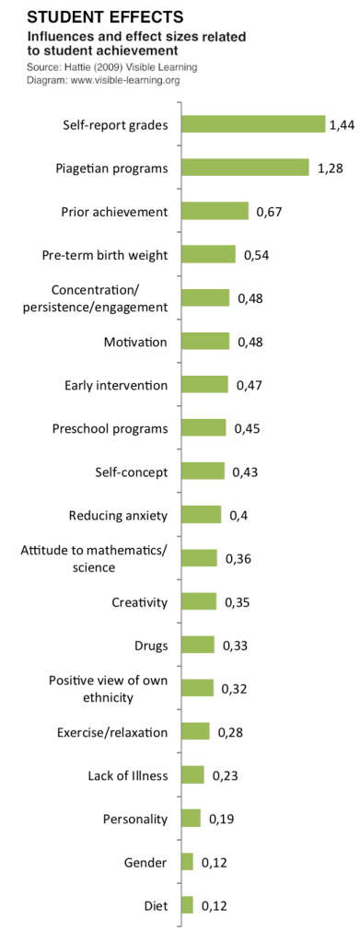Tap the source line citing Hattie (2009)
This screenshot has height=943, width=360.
(x=112, y=67)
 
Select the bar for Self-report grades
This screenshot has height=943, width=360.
(x=253, y=124)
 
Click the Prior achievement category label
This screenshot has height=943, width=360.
(x=114, y=211)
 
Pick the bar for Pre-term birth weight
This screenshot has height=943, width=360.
(x=209, y=254)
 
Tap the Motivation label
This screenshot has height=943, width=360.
(x=135, y=342)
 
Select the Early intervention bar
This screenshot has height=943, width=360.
(x=204, y=385)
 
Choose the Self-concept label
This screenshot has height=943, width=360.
(x=132, y=471)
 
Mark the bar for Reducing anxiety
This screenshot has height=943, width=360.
(x=202, y=515)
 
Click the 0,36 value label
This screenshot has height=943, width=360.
(x=238, y=559)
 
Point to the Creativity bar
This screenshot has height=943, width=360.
(x=199, y=602)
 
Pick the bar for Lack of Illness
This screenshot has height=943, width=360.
(x=193, y=775)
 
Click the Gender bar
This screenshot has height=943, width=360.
(x=188, y=862)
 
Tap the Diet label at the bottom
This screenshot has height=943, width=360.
(x=156, y=905)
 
